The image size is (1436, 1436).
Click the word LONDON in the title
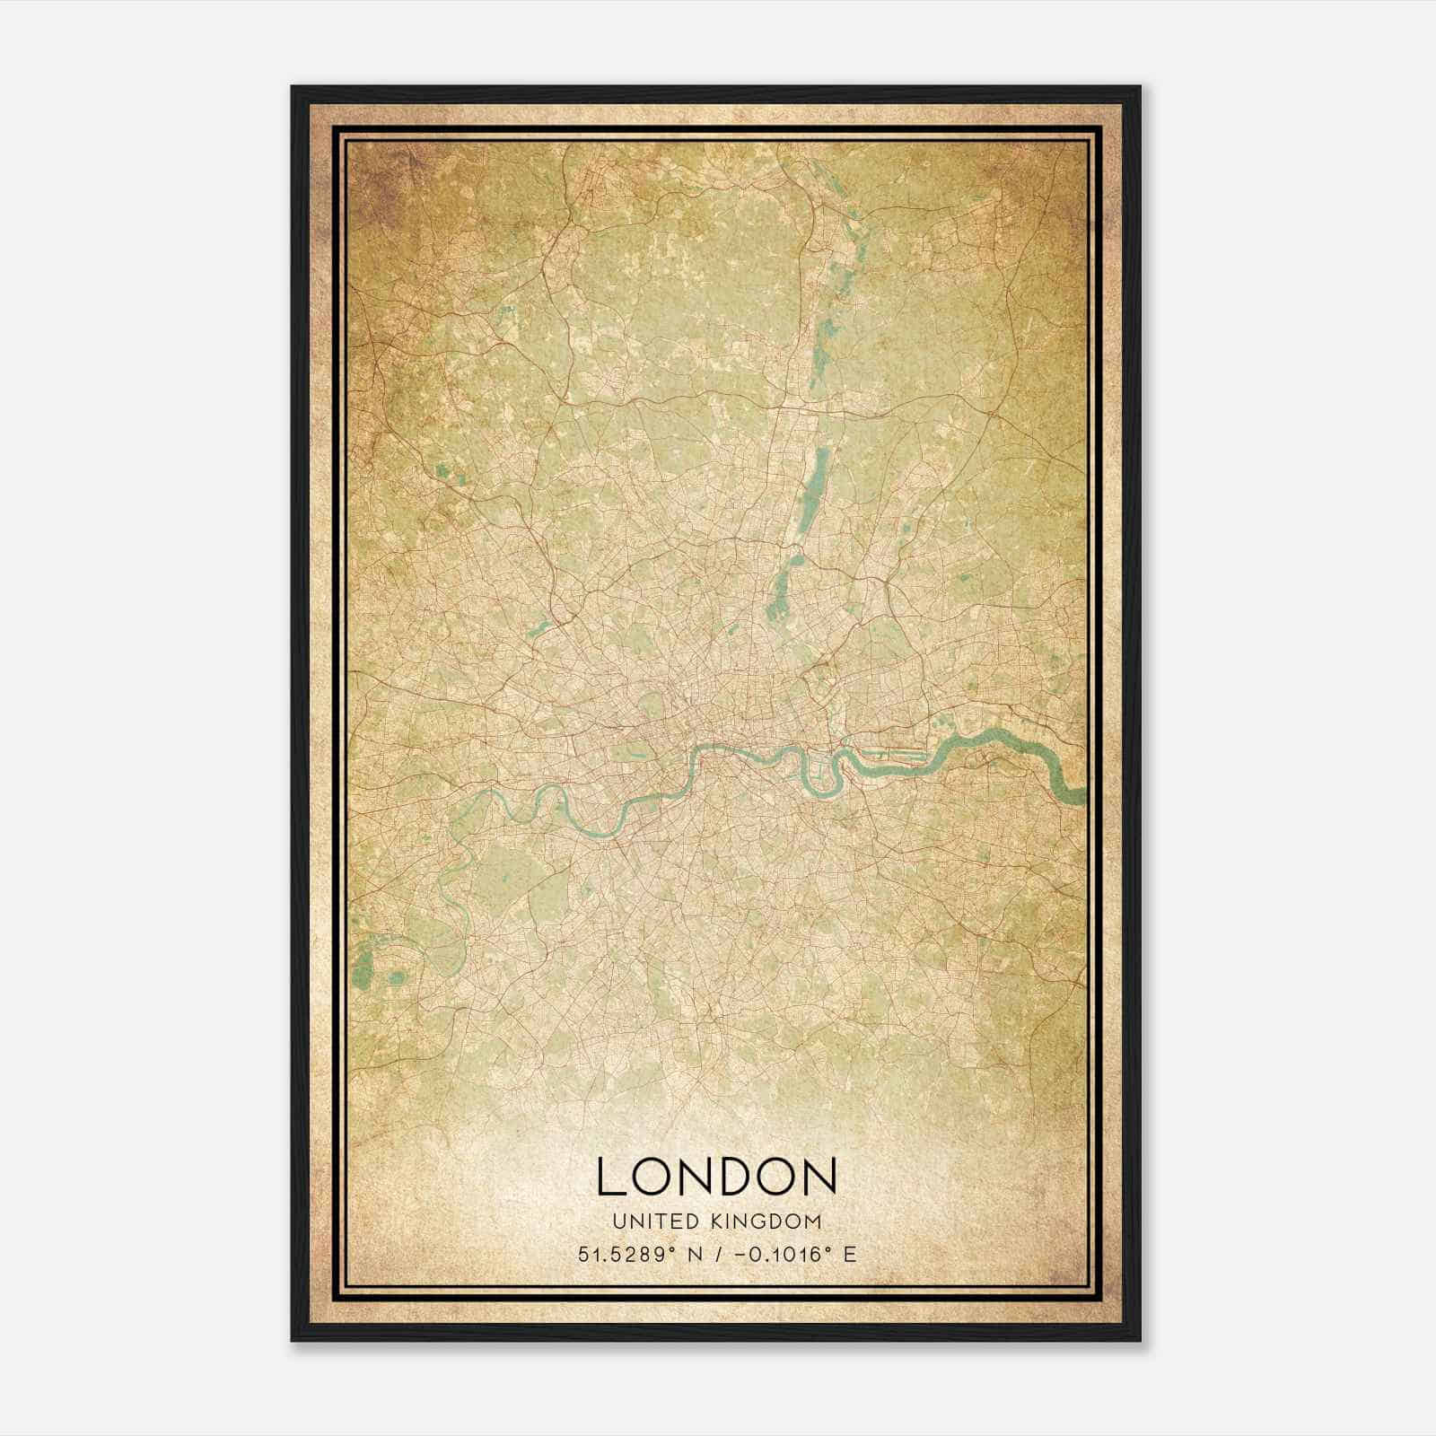click(x=716, y=1176)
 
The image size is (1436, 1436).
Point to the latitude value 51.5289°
click(x=626, y=1254)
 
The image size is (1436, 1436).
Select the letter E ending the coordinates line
click(x=849, y=1254)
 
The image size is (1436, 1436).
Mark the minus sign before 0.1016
click(x=740, y=1254)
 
